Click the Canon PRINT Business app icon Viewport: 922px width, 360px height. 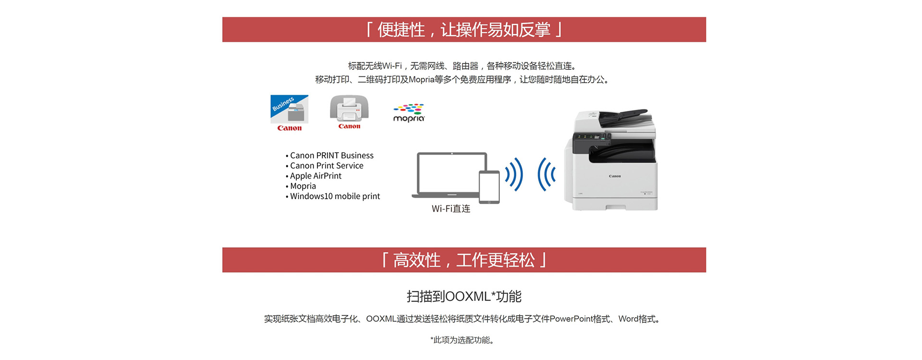click(x=289, y=109)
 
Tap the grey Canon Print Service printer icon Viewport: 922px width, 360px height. click(x=349, y=108)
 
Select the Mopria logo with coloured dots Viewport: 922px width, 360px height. click(x=409, y=113)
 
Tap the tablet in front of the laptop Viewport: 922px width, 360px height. click(x=489, y=187)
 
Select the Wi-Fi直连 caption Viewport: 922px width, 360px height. click(x=451, y=209)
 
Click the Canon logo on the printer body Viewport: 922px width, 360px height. click(x=615, y=176)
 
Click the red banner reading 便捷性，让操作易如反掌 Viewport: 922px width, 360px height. click(x=464, y=30)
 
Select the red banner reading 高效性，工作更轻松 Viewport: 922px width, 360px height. click(x=464, y=260)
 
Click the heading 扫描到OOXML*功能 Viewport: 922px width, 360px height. click(x=464, y=297)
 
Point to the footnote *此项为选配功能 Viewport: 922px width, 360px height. click(x=462, y=340)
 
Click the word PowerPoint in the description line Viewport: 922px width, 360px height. click(x=571, y=319)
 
